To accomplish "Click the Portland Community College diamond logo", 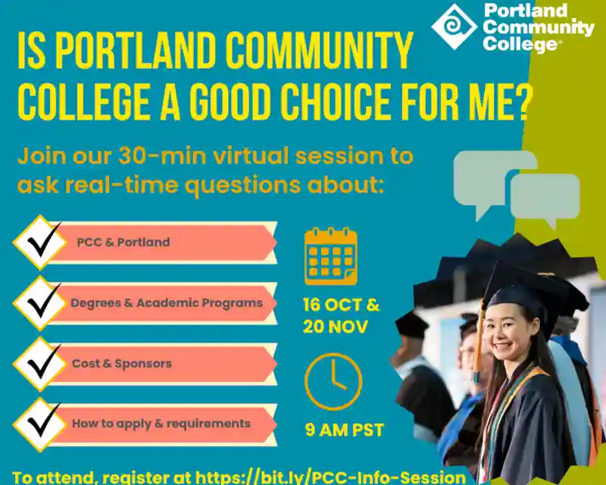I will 454,27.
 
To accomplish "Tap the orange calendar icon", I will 331,256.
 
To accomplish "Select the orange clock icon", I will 333,381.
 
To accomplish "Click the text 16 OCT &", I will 341,306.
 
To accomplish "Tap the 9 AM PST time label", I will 344,430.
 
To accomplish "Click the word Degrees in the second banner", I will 94,303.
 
